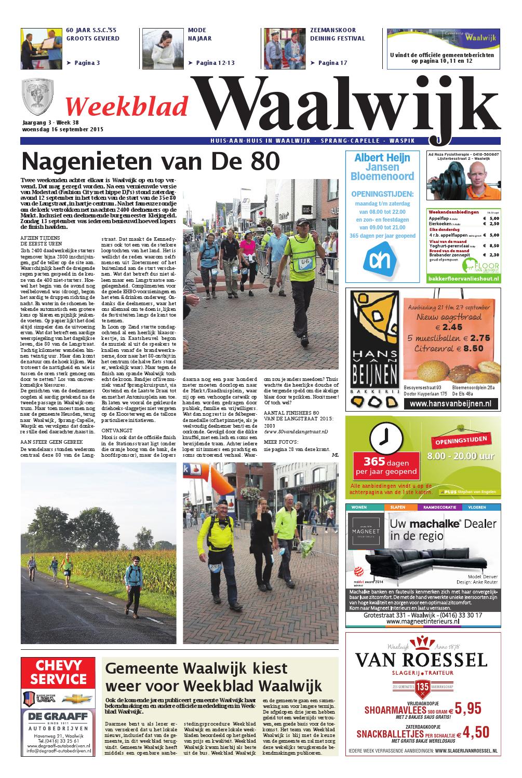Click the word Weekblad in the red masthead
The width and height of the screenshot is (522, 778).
click(x=127, y=106)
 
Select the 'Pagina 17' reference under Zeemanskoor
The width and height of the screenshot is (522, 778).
click(x=328, y=63)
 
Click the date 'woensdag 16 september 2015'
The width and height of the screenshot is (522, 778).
click(x=63, y=129)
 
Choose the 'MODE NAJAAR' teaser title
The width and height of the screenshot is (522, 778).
click(x=197, y=34)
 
